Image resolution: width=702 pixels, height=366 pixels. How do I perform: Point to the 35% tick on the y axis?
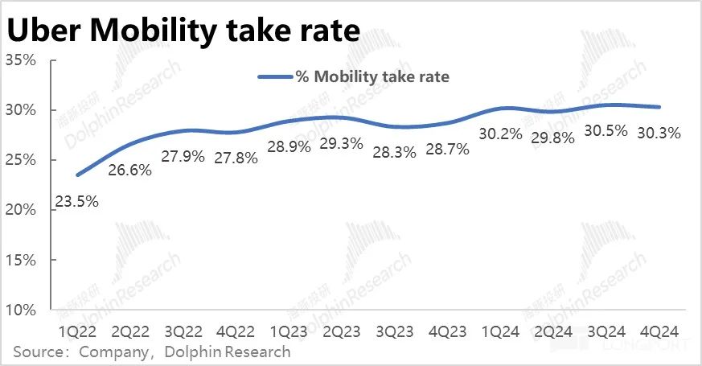[x=22, y=60]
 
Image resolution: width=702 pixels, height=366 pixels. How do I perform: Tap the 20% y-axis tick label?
[x=22, y=210]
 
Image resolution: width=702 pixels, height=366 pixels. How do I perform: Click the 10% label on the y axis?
[x=22, y=310]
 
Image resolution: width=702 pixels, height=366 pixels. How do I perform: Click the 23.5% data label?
[x=76, y=202]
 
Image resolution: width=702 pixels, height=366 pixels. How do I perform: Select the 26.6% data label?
[x=130, y=171]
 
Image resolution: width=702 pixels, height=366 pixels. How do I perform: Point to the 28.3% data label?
[x=395, y=154]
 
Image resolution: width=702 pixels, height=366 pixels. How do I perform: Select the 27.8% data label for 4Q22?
[x=236, y=158]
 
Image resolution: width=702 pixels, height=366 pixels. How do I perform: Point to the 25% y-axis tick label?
[x=22, y=160]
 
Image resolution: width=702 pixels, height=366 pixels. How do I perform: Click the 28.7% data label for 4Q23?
[x=448, y=150]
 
